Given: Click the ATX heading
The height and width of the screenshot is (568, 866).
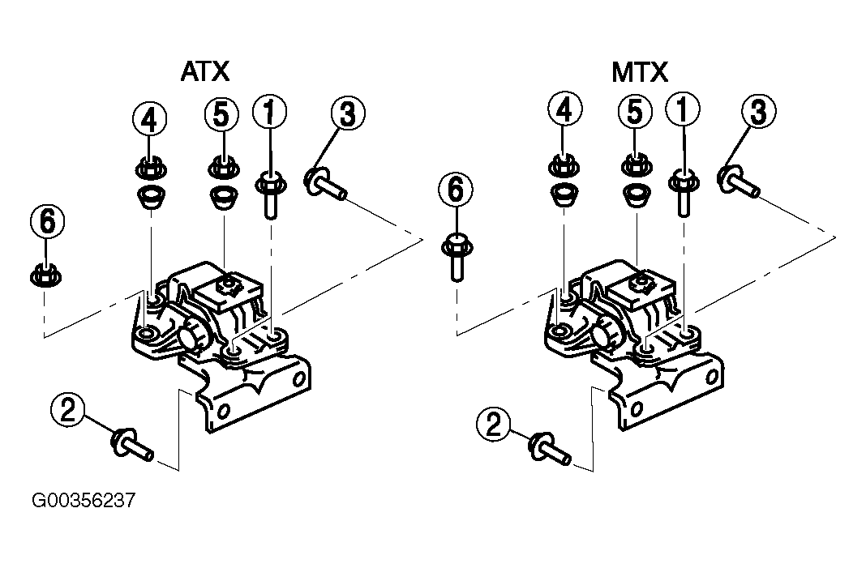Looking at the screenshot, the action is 205,72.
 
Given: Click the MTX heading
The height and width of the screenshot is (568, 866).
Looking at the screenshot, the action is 640,72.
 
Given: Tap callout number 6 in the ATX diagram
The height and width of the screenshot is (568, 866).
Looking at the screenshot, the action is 48,221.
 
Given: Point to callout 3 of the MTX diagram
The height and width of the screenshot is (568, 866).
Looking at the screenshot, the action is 758,112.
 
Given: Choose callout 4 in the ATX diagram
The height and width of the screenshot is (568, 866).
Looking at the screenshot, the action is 150,120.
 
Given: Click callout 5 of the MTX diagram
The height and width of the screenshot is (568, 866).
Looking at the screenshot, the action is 635,112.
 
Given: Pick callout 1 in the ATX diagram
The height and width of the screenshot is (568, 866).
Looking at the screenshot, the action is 269,112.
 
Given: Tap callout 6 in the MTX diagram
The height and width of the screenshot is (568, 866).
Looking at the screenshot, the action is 456,190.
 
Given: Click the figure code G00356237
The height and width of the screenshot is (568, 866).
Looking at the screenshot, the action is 84,501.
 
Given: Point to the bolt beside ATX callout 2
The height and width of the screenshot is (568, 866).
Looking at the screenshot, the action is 132,445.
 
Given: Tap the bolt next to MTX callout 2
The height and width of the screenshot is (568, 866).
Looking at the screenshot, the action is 550,448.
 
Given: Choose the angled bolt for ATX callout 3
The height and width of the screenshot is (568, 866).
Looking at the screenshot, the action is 325,184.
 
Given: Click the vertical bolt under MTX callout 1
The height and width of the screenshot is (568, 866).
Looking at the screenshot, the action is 684,193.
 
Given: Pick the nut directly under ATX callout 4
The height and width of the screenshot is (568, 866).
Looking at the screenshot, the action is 151,168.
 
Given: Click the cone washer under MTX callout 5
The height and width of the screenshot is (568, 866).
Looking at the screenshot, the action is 637,195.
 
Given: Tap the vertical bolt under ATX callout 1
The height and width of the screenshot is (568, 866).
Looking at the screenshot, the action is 270,195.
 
